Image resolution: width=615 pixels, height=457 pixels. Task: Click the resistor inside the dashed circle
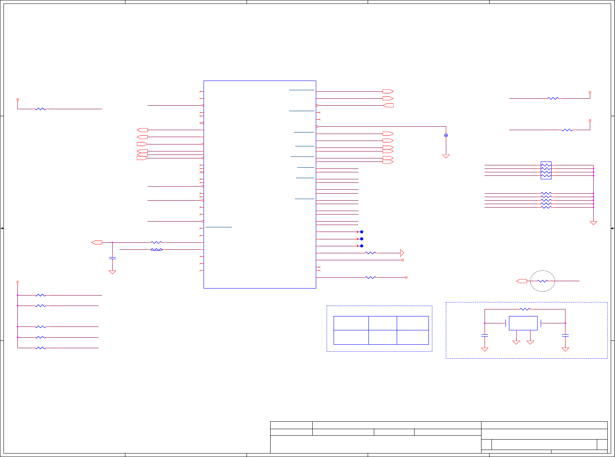[543, 281]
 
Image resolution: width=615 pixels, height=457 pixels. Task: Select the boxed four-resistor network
[546, 170]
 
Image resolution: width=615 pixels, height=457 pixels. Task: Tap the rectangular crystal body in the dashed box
[523, 323]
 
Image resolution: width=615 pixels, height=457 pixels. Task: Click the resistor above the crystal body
[525, 309]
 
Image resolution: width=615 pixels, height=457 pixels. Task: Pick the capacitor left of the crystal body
[485, 335]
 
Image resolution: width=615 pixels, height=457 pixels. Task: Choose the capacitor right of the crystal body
[565, 335]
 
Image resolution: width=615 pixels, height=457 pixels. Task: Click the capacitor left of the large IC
[112, 258]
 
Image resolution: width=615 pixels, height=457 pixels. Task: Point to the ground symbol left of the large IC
[112, 272]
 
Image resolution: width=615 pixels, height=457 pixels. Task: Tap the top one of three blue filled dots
[361, 232]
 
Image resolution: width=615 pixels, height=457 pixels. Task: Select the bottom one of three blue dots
[361, 246]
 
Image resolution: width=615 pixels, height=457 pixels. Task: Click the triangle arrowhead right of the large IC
[402, 253]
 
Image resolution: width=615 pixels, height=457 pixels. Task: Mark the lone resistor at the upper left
[40, 109]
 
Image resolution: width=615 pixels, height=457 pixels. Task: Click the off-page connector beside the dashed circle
[522, 281]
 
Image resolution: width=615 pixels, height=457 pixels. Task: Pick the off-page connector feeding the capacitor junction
[97, 242]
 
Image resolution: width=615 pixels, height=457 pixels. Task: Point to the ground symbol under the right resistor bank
[593, 223]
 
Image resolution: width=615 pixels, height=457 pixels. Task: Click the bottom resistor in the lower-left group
[40, 348]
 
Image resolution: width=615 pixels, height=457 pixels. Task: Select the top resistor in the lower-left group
[40, 295]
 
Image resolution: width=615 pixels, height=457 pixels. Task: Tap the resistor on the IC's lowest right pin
[370, 278]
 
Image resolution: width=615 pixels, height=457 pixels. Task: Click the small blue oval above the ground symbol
[446, 135]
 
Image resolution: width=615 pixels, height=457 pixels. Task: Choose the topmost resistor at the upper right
[553, 98]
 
